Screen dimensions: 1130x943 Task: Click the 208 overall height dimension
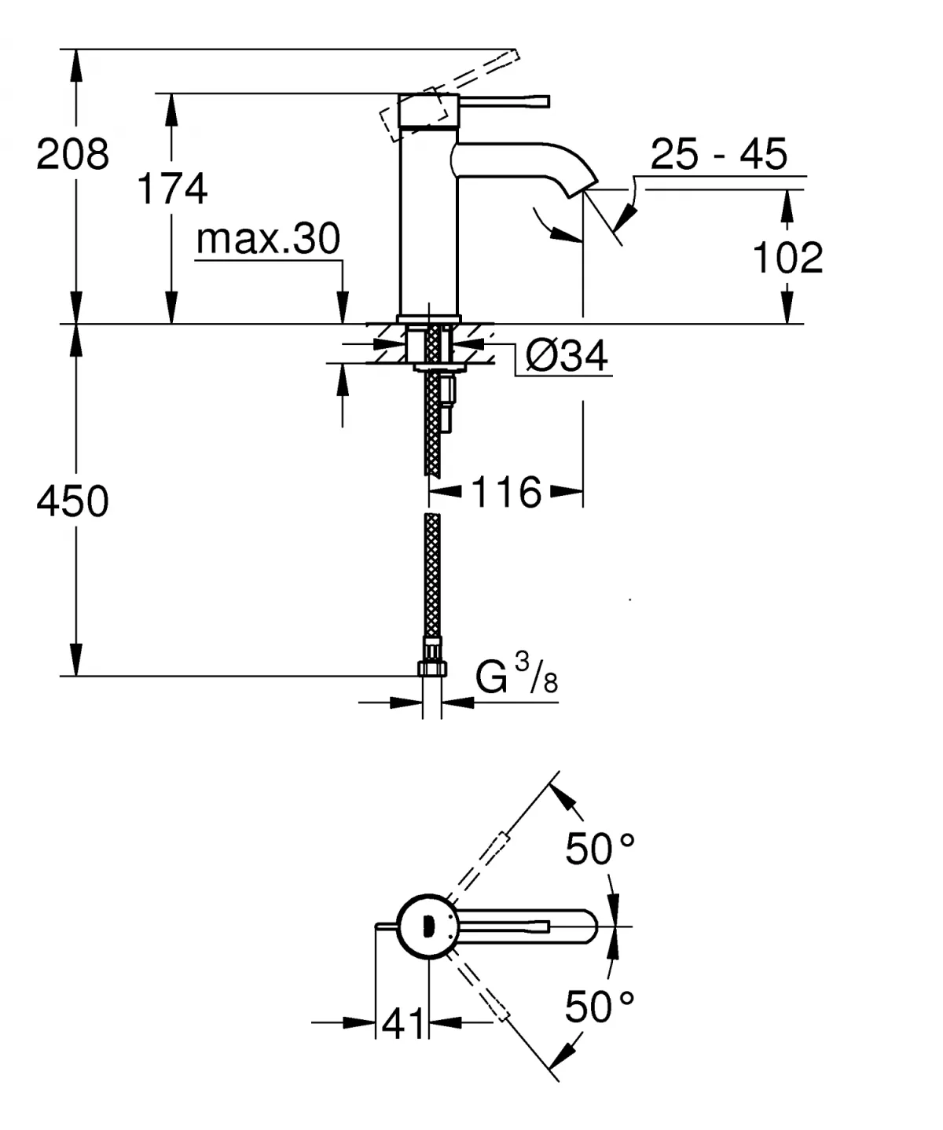click(72, 154)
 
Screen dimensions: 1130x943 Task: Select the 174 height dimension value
click(172, 189)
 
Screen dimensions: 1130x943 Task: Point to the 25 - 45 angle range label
click(718, 154)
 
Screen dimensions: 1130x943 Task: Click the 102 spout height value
click(787, 257)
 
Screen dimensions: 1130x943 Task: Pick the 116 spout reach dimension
click(506, 493)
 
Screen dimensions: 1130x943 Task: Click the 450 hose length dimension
click(72, 501)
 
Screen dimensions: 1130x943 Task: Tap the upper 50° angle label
click(600, 849)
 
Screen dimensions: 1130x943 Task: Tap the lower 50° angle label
click(600, 1007)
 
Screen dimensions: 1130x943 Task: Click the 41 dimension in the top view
click(402, 1023)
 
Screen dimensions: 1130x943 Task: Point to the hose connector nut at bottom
click(431, 668)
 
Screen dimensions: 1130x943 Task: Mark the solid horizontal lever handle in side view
click(503, 101)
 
